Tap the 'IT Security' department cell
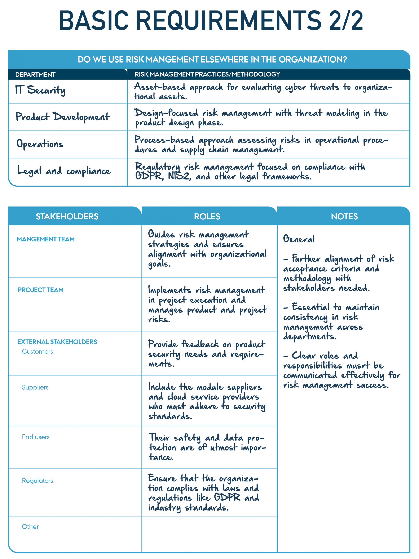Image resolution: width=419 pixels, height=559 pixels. click(x=40, y=90)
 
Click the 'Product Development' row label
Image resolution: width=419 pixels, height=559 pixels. click(x=62, y=117)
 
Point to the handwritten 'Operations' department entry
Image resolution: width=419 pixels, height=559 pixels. click(x=40, y=144)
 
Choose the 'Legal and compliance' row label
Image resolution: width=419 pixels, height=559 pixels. click(x=64, y=171)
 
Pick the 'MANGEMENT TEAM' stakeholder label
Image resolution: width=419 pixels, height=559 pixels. click(x=46, y=239)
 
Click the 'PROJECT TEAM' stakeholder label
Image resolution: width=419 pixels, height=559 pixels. click(x=41, y=290)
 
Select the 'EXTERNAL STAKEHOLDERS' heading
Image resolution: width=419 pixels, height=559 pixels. click(x=57, y=342)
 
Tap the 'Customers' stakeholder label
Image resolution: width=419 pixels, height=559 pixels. click(x=37, y=352)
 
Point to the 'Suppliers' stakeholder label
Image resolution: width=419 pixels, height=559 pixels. click(x=35, y=387)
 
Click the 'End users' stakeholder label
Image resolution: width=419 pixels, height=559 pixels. click(x=36, y=437)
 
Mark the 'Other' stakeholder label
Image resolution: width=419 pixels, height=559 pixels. click(x=30, y=527)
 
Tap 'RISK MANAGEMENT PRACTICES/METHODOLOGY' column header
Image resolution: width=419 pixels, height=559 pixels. click(x=207, y=74)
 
